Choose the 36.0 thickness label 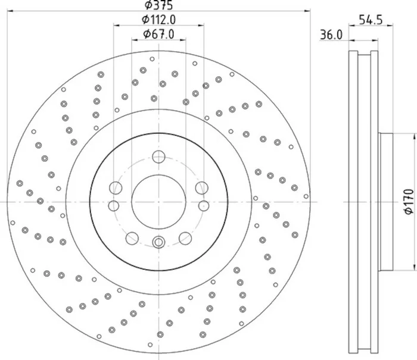pyautogui.click(x=331, y=35)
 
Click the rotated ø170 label pyautogui.click(x=408, y=202)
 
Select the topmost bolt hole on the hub pyautogui.click(x=158, y=157)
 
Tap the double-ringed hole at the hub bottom pyautogui.click(x=158, y=242)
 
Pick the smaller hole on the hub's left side pyautogui.click(x=113, y=206)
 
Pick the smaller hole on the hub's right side pyautogui.click(x=203, y=206)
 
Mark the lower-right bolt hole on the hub pyautogui.click(x=185, y=239)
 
